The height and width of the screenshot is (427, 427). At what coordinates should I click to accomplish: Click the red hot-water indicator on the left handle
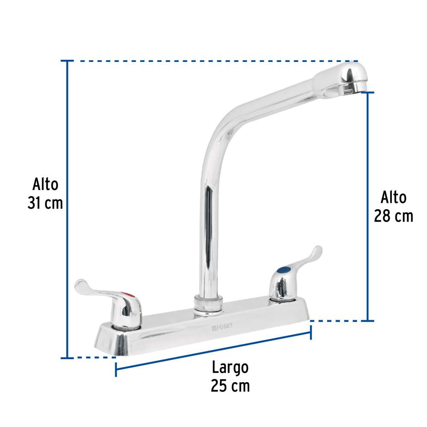[x=128, y=295]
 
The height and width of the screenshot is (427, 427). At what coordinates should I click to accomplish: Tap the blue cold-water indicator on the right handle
[x=283, y=269]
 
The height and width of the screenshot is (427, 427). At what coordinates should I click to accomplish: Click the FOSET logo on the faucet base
[x=222, y=327]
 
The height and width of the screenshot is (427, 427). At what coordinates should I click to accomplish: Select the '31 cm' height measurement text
[x=45, y=203]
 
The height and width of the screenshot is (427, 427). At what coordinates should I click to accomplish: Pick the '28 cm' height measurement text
[x=393, y=216]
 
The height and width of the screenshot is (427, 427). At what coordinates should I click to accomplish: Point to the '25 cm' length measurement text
[x=230, y=386]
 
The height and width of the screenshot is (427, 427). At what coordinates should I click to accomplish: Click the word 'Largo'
[x=230, y=368]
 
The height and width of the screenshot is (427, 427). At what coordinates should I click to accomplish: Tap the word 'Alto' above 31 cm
[x=45, y=184]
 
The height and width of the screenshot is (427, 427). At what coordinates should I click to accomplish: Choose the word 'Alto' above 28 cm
[x=394, y=197]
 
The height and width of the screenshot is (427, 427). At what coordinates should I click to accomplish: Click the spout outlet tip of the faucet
[x=351, y=89]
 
